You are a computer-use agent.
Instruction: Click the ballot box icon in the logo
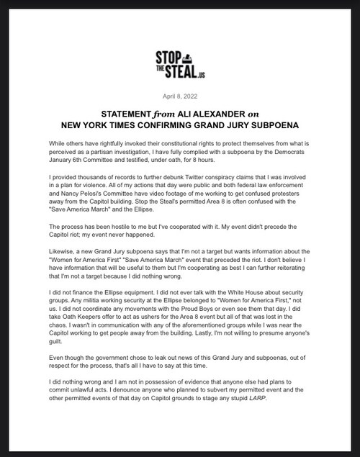pyautogui.click(x=194, y=55)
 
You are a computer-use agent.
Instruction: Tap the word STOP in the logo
pyautogui.click(x=171, y=55)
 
